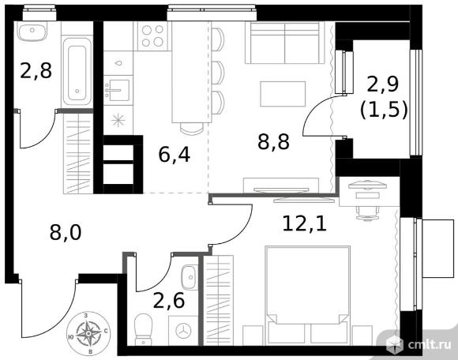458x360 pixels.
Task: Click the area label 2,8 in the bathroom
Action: pos(36,70)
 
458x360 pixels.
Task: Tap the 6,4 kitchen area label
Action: pos(175,154)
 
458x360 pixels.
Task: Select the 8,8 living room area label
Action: pos(273,141)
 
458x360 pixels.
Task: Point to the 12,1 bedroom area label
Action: pos(304,223)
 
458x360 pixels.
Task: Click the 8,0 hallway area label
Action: pos(66,232)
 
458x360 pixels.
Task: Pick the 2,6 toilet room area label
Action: pos(169,300)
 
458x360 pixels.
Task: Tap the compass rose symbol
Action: pos(88,333)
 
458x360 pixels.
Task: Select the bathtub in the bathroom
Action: pos(77,71)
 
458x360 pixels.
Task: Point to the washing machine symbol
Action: pos(183,331)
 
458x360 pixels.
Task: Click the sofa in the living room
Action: pos(285,43)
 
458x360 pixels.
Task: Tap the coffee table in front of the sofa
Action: pos(283,94)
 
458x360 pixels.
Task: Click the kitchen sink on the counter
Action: pos(117,90)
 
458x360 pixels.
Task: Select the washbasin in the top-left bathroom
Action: pos(32,32)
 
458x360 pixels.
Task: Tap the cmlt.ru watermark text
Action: pos(430,346)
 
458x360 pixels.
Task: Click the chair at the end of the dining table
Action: pos(192,128)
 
